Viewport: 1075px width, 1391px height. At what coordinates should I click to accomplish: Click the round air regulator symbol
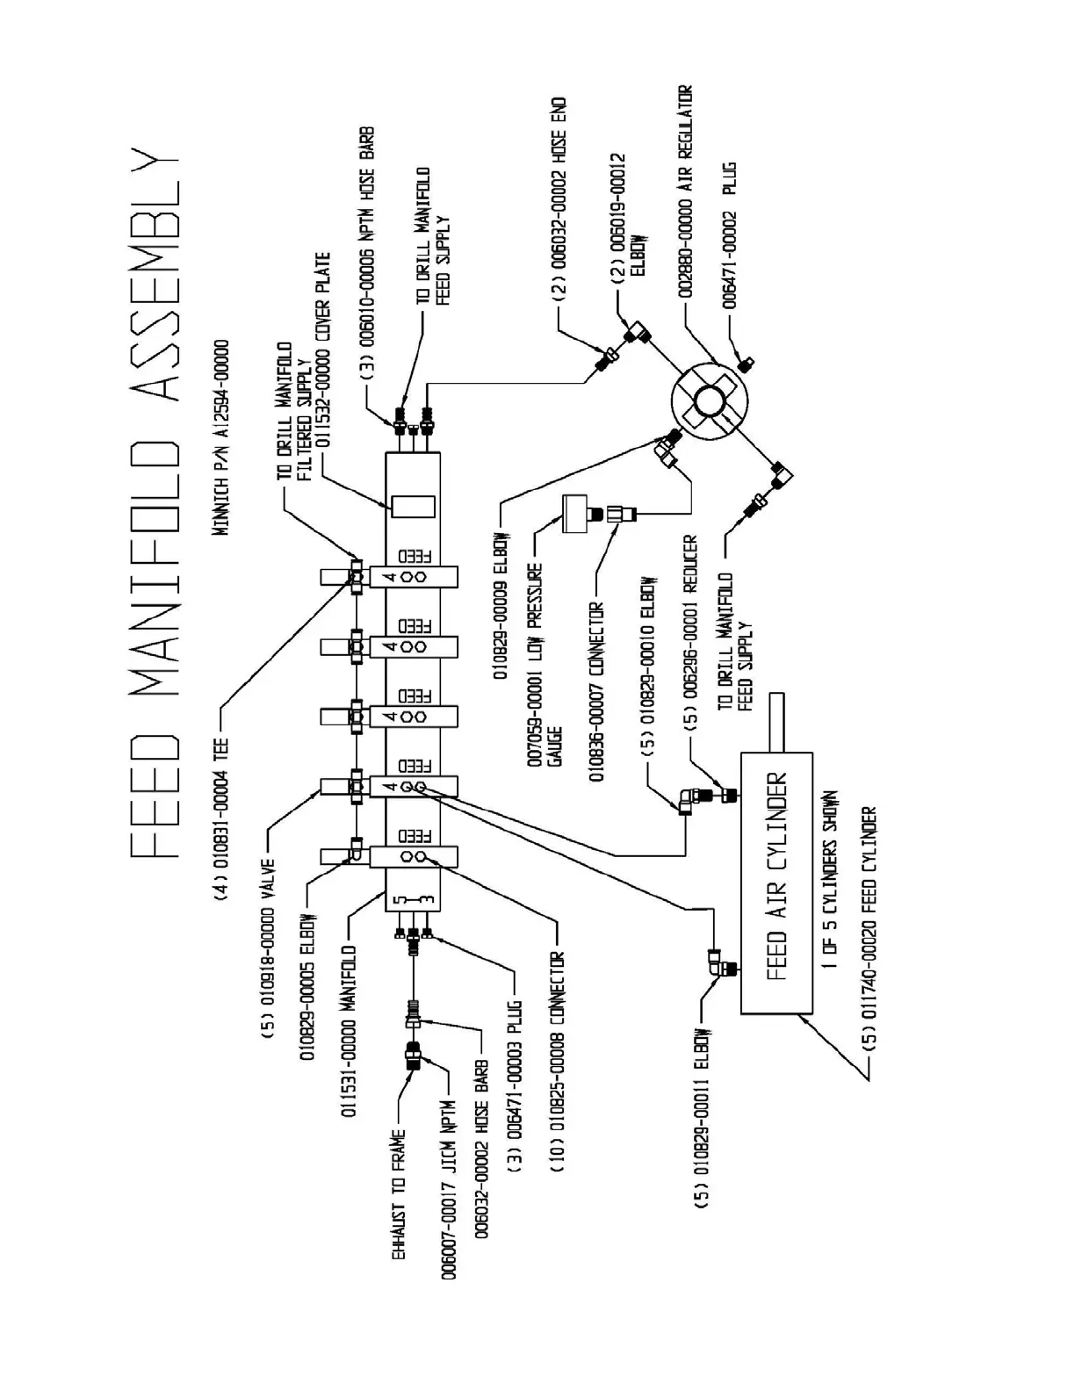coord(708,403)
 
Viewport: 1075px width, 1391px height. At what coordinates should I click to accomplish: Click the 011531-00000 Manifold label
coord(350,1030)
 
